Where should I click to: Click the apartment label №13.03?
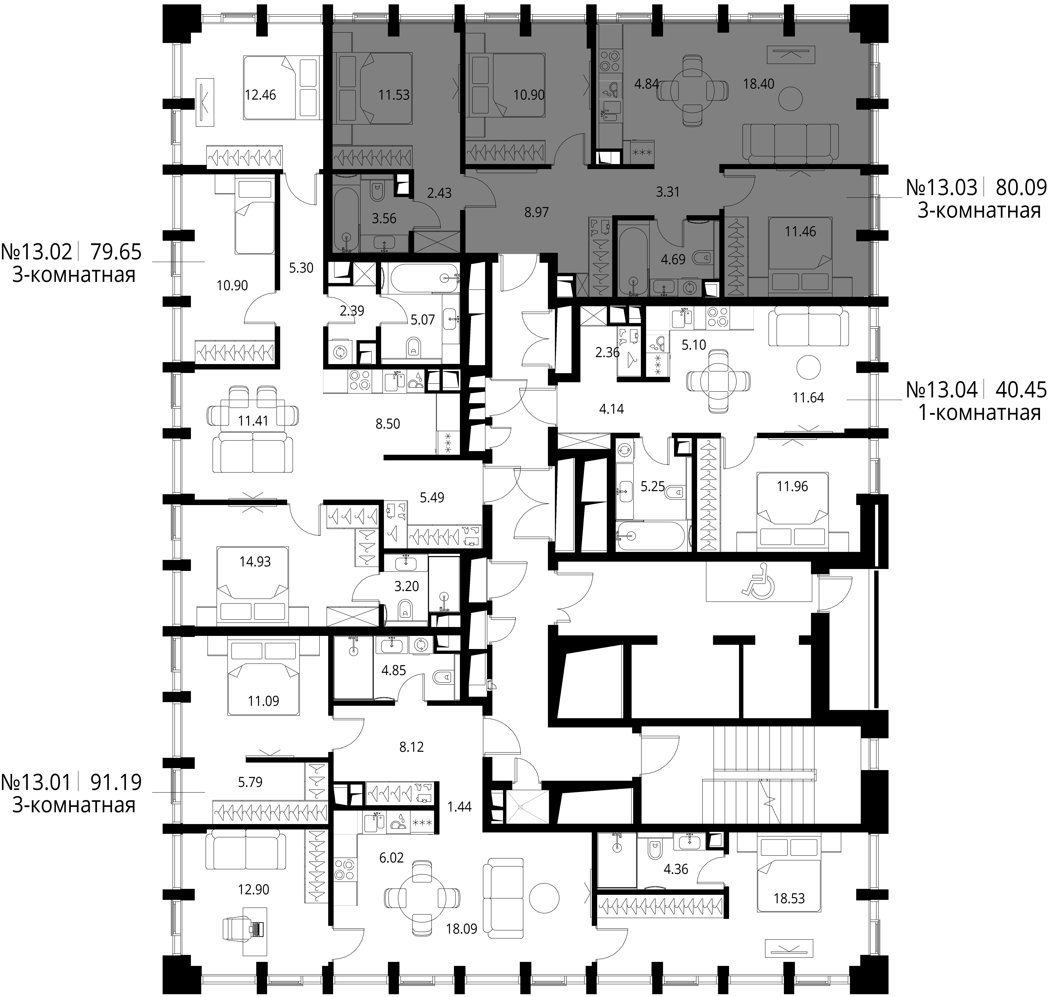pyautogui.click(x=941, y=188)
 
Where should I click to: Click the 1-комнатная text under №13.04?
pyautogui.click(x=980, y=413)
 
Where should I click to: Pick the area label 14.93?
pyautogui.click(x=255, y=561)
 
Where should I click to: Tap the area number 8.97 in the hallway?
pyautogui.click(x=536, y=212)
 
